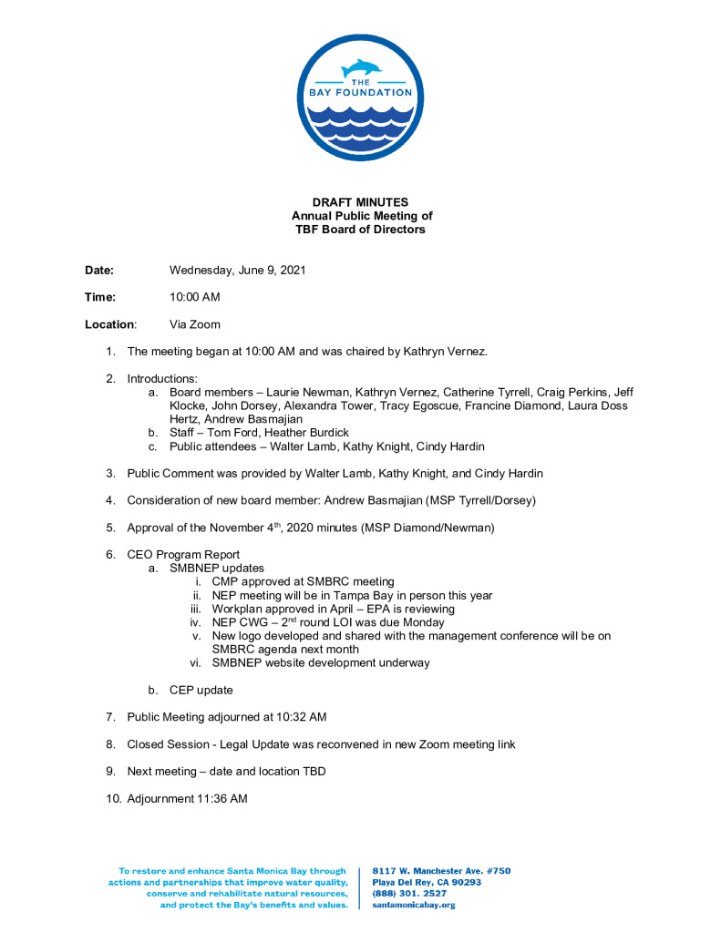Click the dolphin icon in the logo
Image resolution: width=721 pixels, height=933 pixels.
point(361,69)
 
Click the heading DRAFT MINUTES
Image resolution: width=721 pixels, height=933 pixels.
point(361,202)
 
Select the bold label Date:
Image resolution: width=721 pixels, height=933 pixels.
point(99,271)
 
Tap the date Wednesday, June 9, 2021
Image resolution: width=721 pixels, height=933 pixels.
point(237,271)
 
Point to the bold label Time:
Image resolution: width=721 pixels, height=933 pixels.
point(100,297)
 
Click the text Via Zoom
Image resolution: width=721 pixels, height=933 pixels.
point(195,324)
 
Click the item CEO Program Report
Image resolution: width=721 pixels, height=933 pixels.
point(183,555)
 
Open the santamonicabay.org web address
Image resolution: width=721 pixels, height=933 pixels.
point(414,905)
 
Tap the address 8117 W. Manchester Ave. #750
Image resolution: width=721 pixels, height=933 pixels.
point(441,871)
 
